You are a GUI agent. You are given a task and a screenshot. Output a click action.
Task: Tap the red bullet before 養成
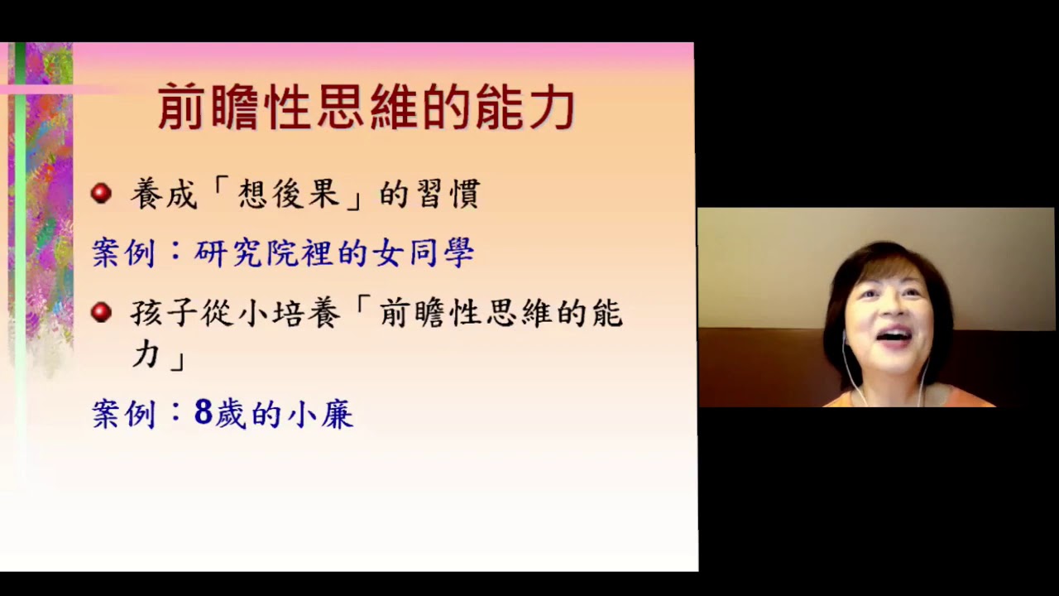tap(101, 194)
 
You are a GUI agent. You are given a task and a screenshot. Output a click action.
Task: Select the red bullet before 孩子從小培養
tap(101, 312)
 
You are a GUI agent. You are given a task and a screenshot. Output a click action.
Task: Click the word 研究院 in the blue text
tap(246, 253)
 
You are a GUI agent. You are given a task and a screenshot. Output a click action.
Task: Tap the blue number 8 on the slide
tap(204, 412)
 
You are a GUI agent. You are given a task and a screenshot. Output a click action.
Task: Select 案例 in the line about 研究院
tap(123, 253)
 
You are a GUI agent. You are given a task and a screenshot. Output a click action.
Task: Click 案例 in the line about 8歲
tap(123, 414)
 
